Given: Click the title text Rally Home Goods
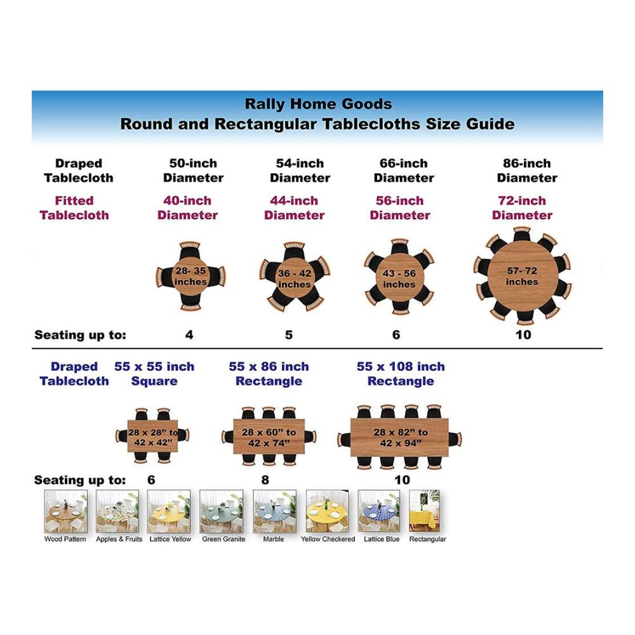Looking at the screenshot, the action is (318, 104).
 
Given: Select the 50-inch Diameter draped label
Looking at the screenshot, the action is (193, 170).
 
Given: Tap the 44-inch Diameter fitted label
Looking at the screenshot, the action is (295, 208).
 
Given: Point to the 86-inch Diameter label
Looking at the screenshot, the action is (527, 170).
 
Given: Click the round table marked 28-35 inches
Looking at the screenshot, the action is (190, 276).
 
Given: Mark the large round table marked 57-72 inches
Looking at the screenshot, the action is (522, 276).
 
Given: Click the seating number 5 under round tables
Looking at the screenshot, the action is (289, 335).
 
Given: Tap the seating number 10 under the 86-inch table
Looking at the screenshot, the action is (523, 335).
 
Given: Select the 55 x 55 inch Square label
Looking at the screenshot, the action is (154, 374).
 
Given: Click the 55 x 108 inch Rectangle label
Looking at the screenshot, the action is (401, 374).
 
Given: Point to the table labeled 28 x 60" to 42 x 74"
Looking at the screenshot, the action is (269, 437).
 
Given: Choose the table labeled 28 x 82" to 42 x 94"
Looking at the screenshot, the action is (399, 438).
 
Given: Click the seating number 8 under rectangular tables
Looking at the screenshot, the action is (265, 480).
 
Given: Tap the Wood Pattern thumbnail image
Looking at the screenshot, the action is (65, 511).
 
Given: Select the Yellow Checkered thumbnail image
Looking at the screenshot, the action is (327, 511).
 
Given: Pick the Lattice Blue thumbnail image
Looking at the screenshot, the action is (379, 511).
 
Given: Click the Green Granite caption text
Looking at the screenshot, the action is (224, 539).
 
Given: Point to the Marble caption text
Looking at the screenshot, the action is (273, 539).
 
